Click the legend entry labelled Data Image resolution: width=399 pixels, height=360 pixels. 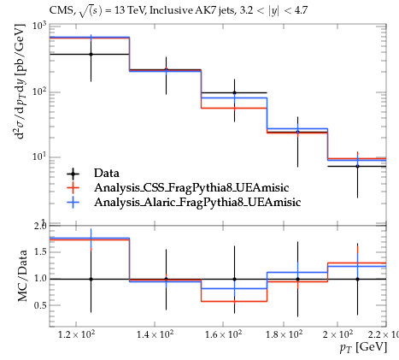107,173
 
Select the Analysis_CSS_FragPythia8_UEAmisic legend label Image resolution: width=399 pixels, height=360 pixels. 191,187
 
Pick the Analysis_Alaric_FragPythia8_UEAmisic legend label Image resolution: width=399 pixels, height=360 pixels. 197,202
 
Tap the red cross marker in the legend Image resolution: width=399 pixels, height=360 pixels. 73,187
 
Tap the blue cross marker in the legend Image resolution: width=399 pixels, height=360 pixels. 73,202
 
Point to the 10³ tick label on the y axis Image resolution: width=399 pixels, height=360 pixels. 39,26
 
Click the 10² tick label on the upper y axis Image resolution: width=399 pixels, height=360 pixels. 39,91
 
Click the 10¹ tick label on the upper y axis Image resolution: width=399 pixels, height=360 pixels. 39,156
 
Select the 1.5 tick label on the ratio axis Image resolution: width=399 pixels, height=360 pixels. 40,252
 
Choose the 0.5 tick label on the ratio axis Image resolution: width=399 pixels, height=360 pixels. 40,305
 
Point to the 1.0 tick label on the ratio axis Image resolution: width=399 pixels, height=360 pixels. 40,279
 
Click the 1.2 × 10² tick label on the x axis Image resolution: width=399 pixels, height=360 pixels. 76,334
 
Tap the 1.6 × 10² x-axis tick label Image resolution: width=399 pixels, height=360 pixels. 223,334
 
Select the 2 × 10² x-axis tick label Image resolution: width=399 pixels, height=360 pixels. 337,334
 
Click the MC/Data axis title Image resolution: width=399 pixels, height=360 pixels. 22,276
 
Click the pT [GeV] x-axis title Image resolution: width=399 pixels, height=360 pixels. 363,347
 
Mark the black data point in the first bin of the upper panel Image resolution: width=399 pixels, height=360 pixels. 91,54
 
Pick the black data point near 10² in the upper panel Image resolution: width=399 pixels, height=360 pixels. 234,92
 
